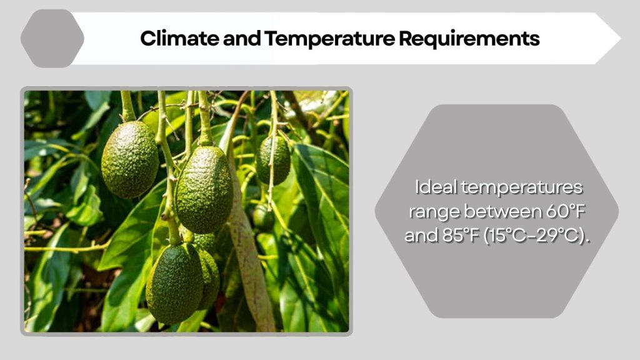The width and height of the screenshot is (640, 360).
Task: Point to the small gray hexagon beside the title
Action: point(52,38)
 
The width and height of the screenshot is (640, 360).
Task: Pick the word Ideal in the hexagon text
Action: point(436,187)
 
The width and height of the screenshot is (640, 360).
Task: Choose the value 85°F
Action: point(457,237)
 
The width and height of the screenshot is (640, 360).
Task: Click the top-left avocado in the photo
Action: point(130,159)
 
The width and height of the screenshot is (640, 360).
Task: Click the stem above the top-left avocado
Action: point(127,106)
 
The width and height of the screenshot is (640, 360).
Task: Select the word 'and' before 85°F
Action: point(418,237)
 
